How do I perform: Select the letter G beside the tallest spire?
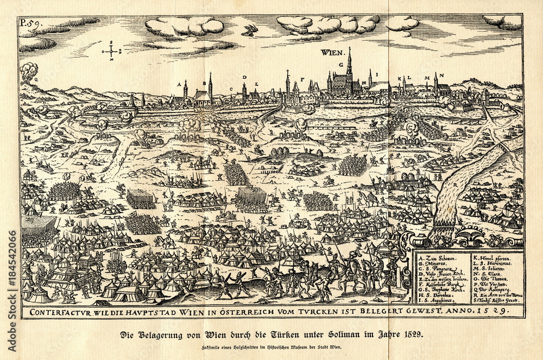[x=342, y=64]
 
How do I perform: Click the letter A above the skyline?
[x=178, y=85]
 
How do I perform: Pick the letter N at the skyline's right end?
[x=442, y=75]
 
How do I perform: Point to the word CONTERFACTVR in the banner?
[x=55, y=312]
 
